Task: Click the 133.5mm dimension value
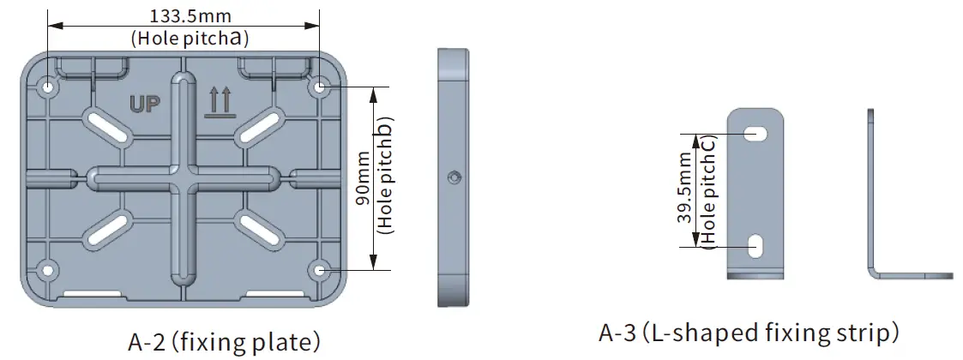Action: point(190,15)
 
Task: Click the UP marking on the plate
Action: point(147,105)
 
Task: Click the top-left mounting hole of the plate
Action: point(48,87)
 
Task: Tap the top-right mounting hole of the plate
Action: point(320,87)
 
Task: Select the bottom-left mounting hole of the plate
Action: point(48,271)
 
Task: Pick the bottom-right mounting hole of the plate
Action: point(320,271)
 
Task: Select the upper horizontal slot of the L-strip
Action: point(756,133)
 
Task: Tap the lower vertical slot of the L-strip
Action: point(756,246)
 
